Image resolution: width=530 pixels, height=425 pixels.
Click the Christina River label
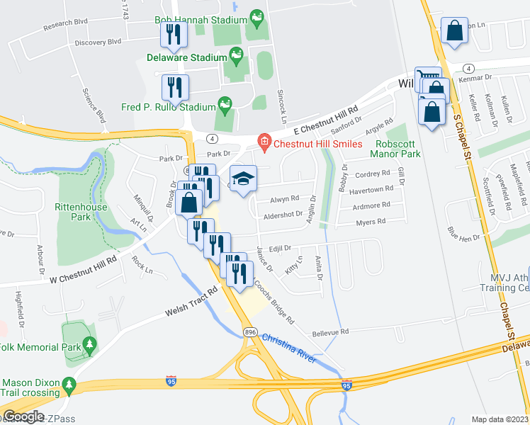pyautogui.click(x=288, y=348)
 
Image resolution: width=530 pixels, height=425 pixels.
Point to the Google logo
pyautogui.click(x=23, y=417)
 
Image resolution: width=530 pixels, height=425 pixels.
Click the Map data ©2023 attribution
pyautogui.click(x=500, y=419)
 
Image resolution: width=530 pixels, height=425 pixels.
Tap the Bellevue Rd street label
pyautogui.click(x=329, y=331)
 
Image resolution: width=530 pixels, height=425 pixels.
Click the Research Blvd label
pyautogui.click(x=65, y=23)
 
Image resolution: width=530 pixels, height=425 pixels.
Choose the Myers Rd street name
pyautogui.click(x=371, y=222)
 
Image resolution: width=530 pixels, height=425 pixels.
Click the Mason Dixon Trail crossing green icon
pyautogui.click(x=68, y=383)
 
